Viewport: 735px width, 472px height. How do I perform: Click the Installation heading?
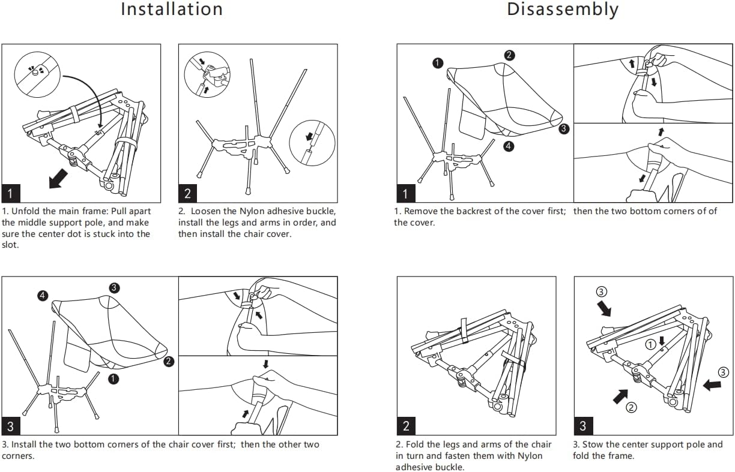click(x=172, y=10)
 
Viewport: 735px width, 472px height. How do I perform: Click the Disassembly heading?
click(x=562, y=10)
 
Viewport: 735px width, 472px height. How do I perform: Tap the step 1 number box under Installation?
click(x=11, y=193)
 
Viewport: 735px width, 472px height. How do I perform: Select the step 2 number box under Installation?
click(x=188, y=193)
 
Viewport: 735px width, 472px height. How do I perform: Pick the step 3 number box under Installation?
click(x=11, y=426)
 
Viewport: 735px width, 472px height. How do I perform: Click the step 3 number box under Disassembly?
click(x=583, y=426)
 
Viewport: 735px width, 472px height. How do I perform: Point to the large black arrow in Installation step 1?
click(x=58, y=178)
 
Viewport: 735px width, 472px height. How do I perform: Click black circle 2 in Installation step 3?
click(x=169, y=361)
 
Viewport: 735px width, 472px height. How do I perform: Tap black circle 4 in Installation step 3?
click(x=42, y=295)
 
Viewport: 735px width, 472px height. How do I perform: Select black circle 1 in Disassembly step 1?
click(x=438, y=63)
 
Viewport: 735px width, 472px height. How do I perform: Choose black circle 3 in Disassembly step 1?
click(x=563, y=128)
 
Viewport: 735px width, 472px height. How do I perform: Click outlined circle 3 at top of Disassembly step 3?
click(x=602, y=292)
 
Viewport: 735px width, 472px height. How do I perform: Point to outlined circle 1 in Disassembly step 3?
click(x=650, y=344)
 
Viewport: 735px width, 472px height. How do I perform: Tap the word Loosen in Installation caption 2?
click(x=207, y=211)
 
